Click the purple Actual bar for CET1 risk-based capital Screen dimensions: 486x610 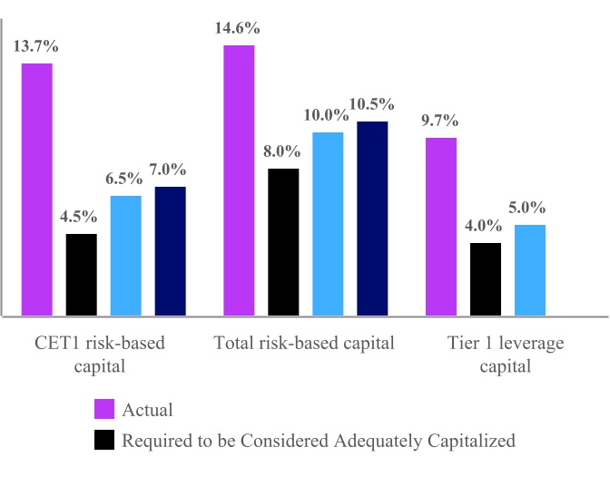tap(37, 190)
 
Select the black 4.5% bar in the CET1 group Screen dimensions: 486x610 tap(82, 275)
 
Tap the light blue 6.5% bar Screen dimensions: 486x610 tap(126, 256)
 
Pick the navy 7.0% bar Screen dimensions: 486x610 tap(171, 251)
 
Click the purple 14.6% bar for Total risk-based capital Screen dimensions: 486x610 tap(239, 180)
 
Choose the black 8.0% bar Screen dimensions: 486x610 tap(283, 242)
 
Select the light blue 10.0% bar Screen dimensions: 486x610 tap(328, 224)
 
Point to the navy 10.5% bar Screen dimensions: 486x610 tap(372, 219)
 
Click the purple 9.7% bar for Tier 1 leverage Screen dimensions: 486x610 tap(441, 227)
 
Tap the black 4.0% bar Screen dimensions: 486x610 tap(486, 279)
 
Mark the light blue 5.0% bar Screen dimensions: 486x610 tap(530, 270)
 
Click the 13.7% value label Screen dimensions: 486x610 tap(36, 46)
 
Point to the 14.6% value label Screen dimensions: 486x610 tap(239, 28)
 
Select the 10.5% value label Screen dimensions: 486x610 tap(372, 104)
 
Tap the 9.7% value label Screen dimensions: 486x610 tap(440, 121)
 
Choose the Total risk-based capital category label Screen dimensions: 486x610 tap(304, 344)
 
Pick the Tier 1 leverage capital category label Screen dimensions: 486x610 tap(506, 355)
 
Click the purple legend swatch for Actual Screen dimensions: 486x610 tap(104, 410)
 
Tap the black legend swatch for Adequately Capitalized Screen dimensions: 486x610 tap(104, 442)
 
